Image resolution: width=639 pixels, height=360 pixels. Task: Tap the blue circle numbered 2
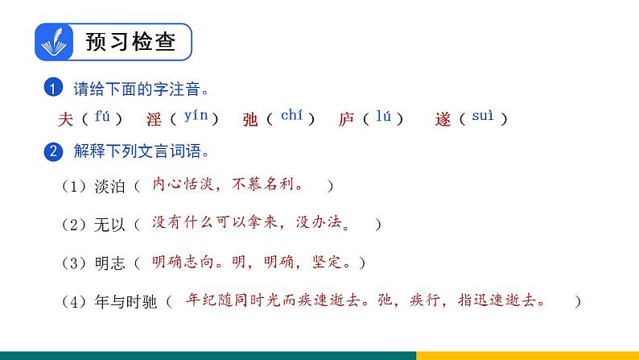54,151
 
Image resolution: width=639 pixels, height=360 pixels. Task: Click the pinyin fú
102,117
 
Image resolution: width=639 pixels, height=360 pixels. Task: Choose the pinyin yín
196,116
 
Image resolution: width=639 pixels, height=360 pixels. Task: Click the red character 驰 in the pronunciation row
249,119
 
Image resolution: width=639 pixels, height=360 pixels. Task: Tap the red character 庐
346,119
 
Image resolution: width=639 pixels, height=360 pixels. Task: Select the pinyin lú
383,118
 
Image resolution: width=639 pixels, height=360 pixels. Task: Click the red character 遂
443,119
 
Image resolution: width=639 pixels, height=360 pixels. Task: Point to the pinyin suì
482,118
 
